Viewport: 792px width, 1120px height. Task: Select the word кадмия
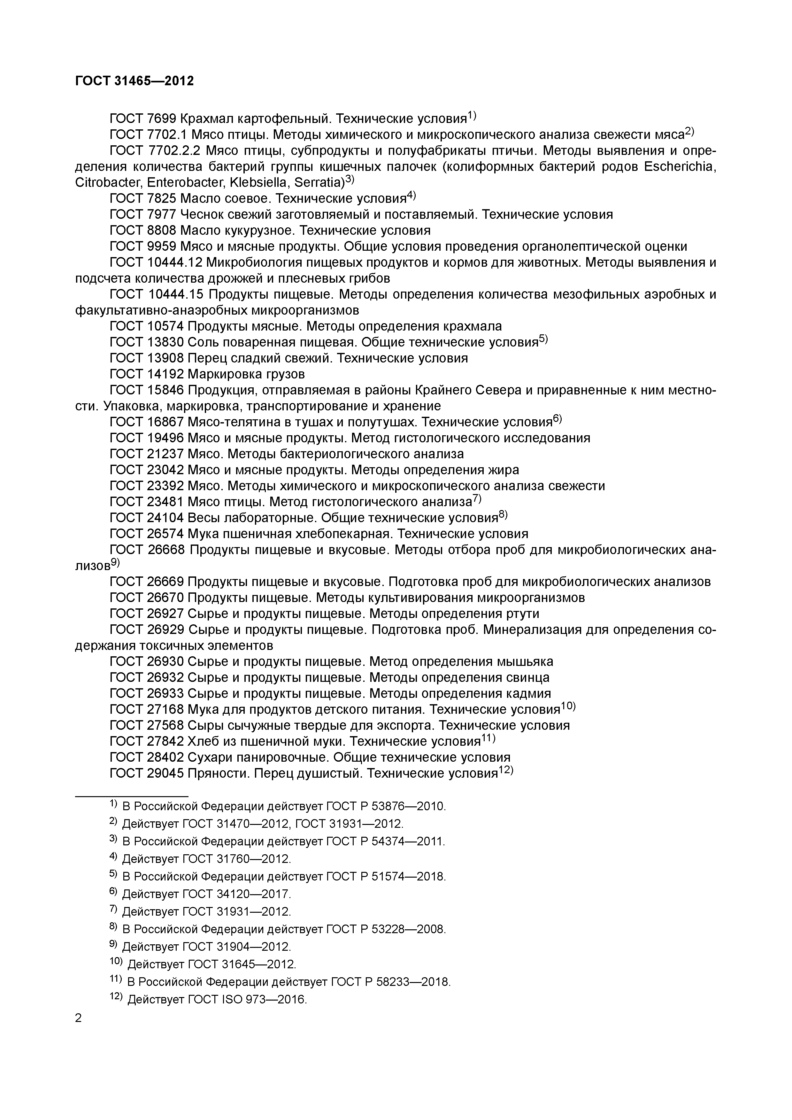click(x=530, y=694)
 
